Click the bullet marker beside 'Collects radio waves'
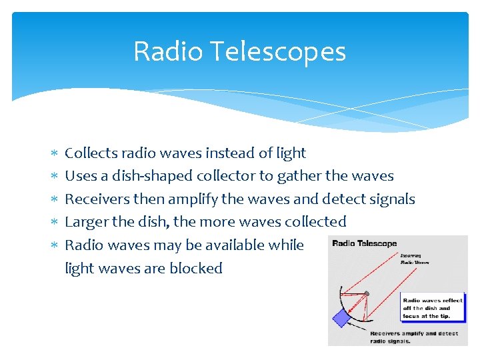coord(54,153)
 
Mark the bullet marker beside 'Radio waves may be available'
coord(54,245)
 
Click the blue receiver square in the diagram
coord(341,318)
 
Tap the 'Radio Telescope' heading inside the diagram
coord(365,243)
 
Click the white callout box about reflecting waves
coord(432,308)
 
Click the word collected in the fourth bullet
coord(315,222)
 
